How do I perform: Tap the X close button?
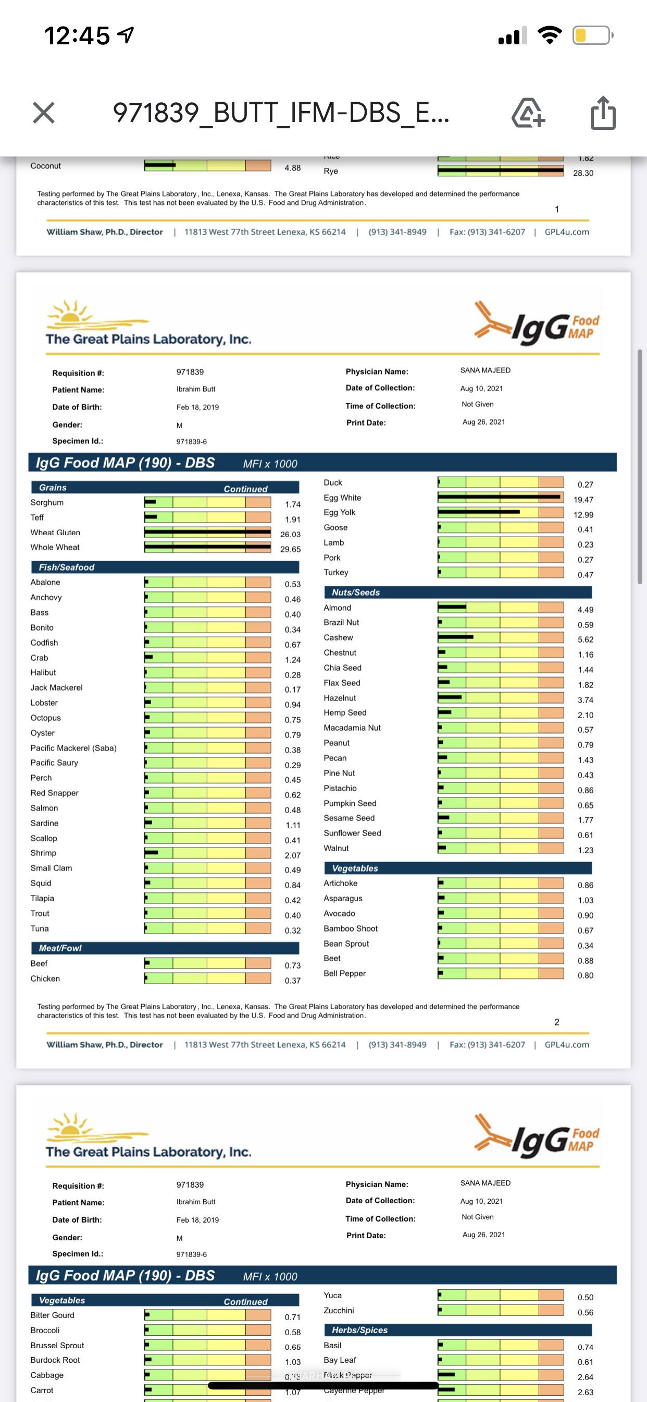(x=43, y=113)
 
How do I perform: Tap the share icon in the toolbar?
(x=602, y=113)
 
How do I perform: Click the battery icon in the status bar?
(x=592, y=36)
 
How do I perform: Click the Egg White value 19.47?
(x=583, y=500)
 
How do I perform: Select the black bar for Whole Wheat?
(x=208, y=547)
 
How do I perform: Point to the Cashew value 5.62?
(x=585, y=639)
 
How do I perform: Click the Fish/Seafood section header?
(x=66, y=567)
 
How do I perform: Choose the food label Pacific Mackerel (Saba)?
(x=73, y=748)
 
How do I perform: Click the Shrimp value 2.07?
(x=293, y=855)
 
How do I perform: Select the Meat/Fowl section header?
(x=60, y=948)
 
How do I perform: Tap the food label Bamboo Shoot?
(x=350, y=928)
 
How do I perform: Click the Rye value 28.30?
(x=583, y=173)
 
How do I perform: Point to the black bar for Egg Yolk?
(x=478, y=512)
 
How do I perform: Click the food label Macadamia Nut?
(x=352, y=728)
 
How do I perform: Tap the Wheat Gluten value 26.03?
(x=290, y=535)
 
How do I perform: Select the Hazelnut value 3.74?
(x=585, y=700)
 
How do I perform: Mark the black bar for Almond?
(x=452, y=606)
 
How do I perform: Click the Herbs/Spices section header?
(x=359, y=1330)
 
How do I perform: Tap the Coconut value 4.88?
(x=293, y=167)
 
